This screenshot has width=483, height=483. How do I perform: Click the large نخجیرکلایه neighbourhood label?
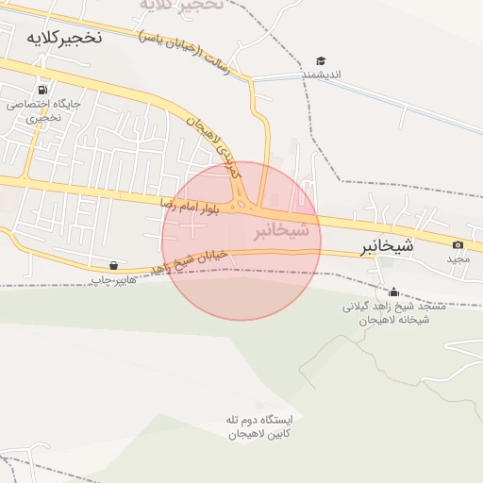(x=64, y=38)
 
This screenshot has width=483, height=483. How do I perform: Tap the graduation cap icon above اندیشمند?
(x=321, y=60)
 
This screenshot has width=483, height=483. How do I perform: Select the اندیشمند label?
(x=321, y=74)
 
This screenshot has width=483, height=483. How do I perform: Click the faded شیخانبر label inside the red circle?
(x=281, y=230)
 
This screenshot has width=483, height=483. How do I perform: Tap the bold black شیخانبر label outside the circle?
(x=387, y=247)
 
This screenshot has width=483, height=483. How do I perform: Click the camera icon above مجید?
(x=458, y=245)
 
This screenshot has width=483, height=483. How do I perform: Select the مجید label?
(x=458, y=258)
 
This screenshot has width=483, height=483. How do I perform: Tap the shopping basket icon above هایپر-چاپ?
(x=114, y=266)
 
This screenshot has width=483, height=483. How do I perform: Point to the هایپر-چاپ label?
(x=114, y=280)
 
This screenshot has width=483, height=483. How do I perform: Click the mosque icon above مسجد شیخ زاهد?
(x=393, y=291)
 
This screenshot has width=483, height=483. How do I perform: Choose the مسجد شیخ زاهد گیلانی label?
(x=389, y=307)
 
